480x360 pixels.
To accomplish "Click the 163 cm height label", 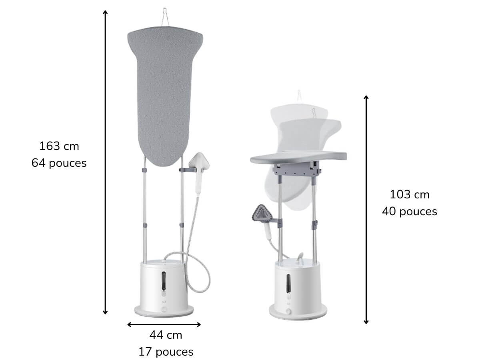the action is click(x=59, y=146).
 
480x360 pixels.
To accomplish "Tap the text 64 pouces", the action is click(x=59, y=163).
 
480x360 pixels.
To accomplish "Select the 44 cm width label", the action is click(x=166, y=335).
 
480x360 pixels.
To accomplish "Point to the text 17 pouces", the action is click(x=166, y=352).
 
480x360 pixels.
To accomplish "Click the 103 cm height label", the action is click(x=410, y=194).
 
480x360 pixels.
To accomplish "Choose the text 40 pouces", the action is click(x=410, y=211).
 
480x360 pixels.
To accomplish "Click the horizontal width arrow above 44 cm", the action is click(x=164, y=324).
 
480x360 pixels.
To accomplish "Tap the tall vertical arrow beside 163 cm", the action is click(x=105, y=162).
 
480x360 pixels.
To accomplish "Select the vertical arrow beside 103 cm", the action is click(x=366, y=210).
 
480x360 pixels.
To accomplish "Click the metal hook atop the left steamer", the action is click(x=165, y=17).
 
